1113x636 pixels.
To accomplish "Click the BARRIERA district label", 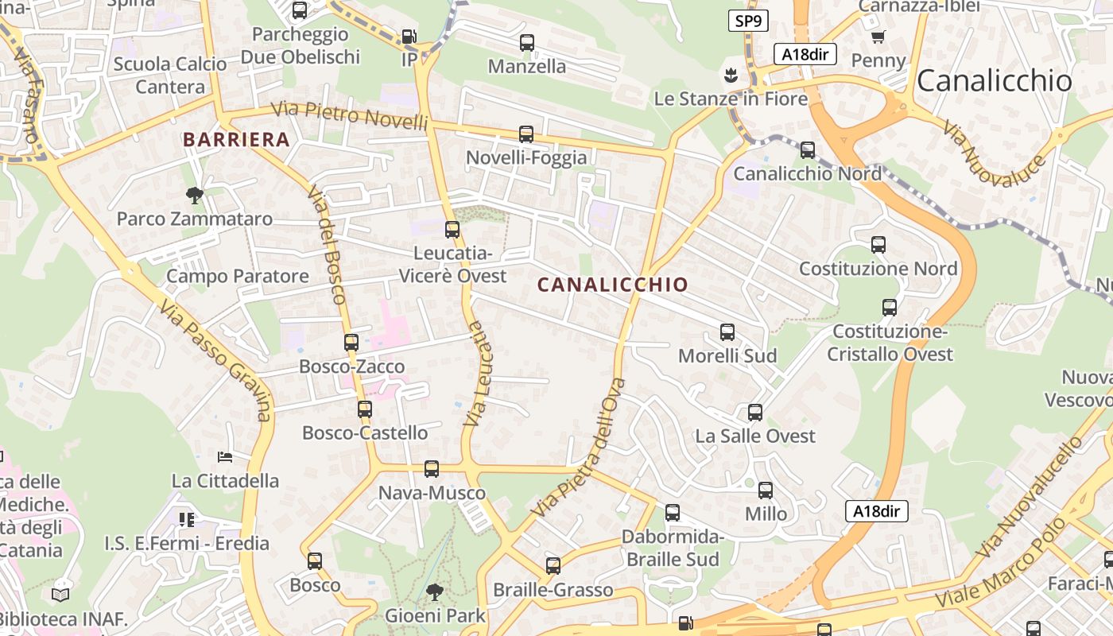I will pos(236,140).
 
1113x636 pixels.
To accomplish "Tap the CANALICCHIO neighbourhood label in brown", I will pos(612,285).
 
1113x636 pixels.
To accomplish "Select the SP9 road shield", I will pos(748,21).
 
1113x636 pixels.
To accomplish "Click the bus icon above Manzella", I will pos(526,43).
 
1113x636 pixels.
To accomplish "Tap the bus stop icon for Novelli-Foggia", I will pos(525,134).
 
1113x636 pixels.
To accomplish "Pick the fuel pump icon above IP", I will pos(409,37).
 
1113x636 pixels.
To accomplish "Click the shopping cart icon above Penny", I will pos(878,37).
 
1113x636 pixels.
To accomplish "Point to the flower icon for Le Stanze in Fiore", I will pos(729,76).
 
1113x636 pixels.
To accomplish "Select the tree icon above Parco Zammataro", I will pos(194,195).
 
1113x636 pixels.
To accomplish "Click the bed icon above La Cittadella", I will pos(225,457).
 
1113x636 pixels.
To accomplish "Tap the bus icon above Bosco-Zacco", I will pos(351,343).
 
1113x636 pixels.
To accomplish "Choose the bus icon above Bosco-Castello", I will pos(364,409).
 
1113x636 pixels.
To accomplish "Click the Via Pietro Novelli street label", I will pos(349,116).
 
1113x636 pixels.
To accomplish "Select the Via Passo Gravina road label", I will pos(215,359).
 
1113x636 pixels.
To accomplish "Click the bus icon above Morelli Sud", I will pos(727,332).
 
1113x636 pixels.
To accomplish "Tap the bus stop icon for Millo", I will pos(765,491).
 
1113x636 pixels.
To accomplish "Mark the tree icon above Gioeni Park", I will pos(434,592).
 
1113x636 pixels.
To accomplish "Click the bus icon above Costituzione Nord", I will pos(878,245).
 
